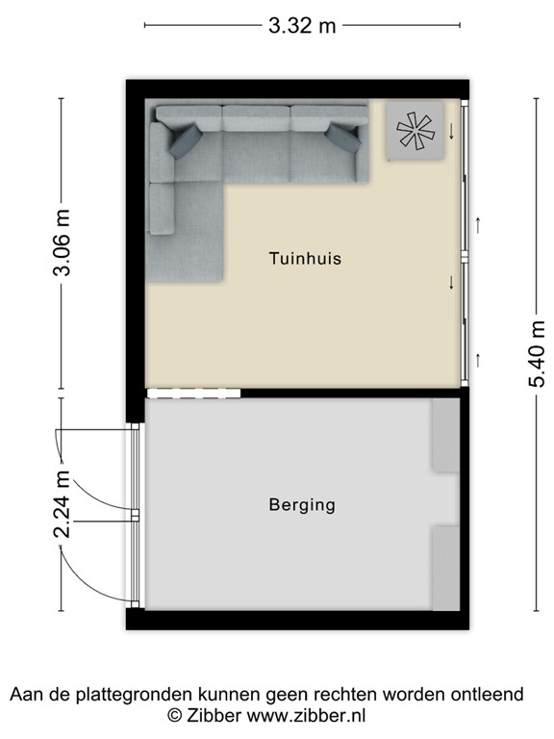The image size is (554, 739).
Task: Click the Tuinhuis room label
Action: coord(305,259)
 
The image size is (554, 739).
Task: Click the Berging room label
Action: coord(302,504)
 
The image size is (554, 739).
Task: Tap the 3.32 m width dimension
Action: coord(302,26)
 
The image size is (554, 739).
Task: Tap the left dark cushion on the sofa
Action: coord(187,142)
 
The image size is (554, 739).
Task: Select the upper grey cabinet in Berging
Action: coord(445,435)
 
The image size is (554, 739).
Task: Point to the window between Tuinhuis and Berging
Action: coord(192,393)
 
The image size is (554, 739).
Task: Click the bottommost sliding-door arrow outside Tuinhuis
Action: coord(478,360)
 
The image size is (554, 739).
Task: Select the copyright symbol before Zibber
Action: coord(174,715)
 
